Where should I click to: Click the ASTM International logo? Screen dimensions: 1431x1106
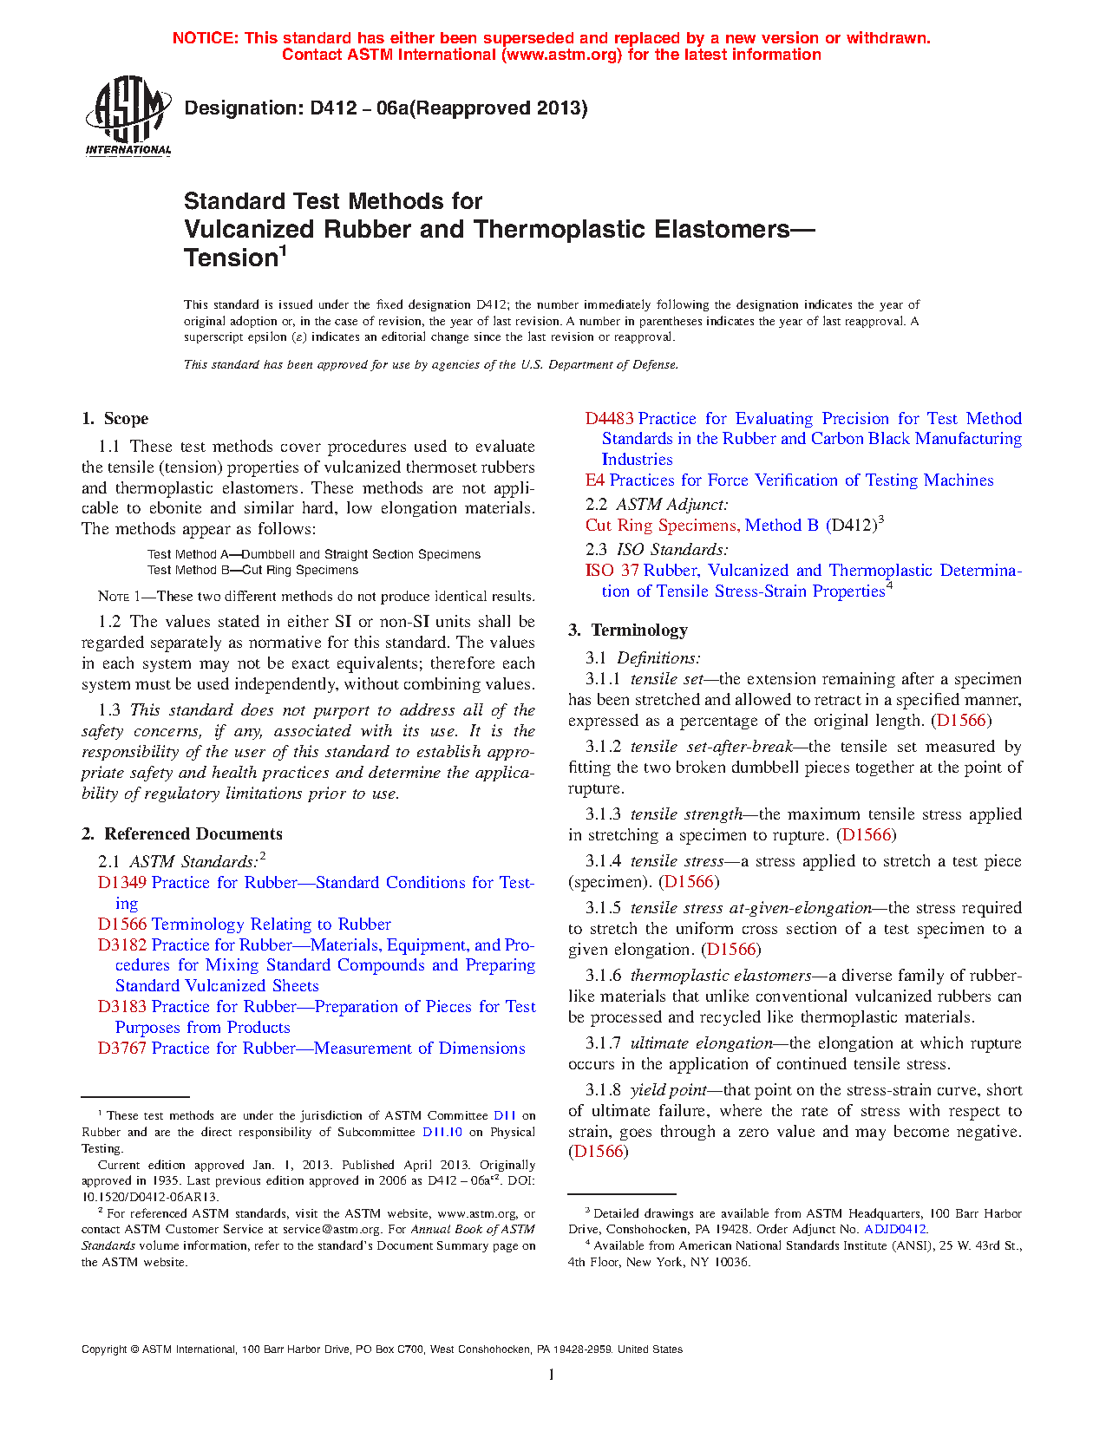click(x=128, y=116)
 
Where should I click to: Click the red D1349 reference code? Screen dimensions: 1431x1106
click(x=122, y=883)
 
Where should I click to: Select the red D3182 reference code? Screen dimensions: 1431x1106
click(x=122, y=945)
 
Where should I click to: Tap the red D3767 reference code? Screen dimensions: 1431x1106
click(x=122, y=1049)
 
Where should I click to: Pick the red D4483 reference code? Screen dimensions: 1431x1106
click(x=609, y=419)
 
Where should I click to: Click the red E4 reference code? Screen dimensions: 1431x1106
click(x=595, y=480)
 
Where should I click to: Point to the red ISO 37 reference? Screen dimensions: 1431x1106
click(x=612, y=571)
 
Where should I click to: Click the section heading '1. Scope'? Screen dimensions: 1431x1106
click(x=115, y=419)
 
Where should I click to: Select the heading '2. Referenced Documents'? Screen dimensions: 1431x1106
click(x=181, y=834)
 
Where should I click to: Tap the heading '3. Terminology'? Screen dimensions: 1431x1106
click(x=628, y=631)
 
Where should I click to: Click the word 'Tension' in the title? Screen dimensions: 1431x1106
click(x=230, y=258)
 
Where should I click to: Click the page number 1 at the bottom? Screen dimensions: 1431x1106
click(x=552, y=1375)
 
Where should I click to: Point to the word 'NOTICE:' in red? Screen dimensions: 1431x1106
click(x=206, y=38)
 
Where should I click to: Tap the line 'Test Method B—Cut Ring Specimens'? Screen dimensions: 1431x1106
click(x=252, y=571)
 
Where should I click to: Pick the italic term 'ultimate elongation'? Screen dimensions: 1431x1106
click(x=701, y=1043)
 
